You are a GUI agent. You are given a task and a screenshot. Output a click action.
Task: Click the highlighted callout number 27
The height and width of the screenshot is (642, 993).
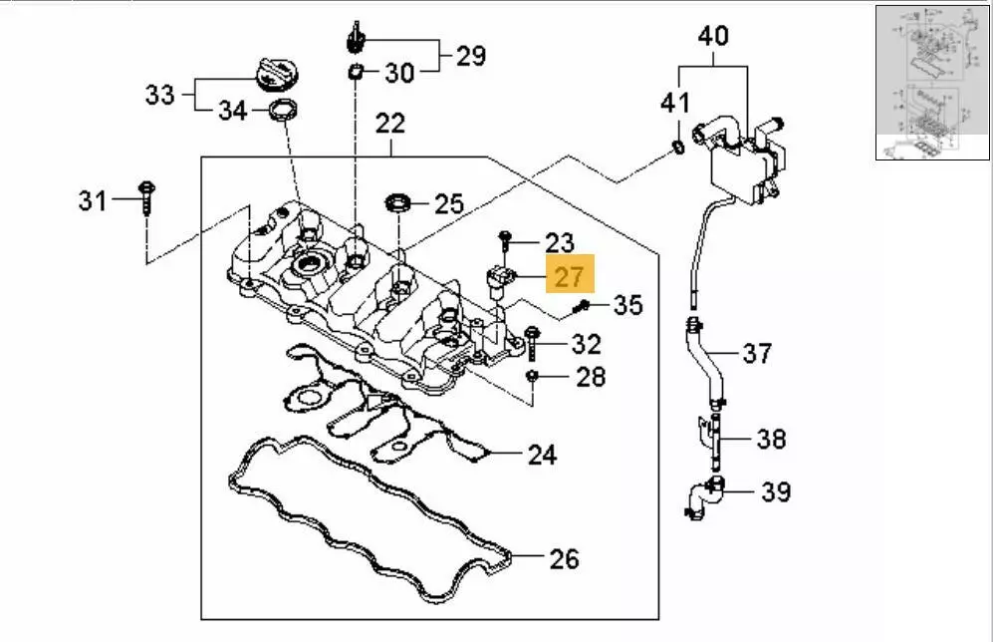click(x=569, y=275)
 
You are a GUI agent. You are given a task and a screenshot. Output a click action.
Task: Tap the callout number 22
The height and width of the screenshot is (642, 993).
click(x=390, y=125)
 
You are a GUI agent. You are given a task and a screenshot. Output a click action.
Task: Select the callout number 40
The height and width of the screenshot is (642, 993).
click(x=712, y=38)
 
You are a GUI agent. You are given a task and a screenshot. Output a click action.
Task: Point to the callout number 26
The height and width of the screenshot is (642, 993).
click(x=564, y=558)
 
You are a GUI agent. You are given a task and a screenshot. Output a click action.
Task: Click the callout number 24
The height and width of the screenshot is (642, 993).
click(x=541, y=456)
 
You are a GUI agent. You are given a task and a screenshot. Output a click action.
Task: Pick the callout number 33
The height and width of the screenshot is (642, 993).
click(x=159, y=95)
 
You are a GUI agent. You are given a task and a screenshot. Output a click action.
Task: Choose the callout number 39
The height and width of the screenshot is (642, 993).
click(x=776, y=491)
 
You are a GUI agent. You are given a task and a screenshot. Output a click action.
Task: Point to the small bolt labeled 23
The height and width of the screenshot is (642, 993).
click(x=506, y=239)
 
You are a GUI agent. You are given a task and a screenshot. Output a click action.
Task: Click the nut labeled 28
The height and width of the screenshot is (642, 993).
click(x=534, y=376)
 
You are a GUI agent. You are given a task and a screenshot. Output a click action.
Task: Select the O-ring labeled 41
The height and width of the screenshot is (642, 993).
click(x=677, y=149)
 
